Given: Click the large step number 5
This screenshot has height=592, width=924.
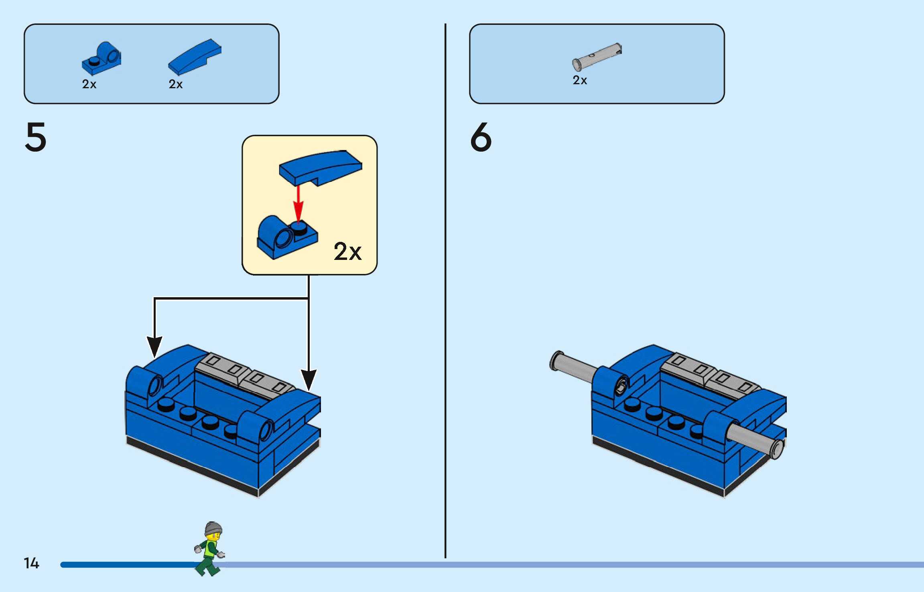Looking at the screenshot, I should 36,137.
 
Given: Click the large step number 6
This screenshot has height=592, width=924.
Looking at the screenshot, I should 481,137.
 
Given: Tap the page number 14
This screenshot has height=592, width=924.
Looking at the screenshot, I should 31,563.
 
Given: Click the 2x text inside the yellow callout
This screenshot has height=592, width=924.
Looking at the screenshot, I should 347,252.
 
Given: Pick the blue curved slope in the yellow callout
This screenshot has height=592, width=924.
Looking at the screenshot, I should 321,166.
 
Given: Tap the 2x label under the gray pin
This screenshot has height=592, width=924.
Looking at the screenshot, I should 580,80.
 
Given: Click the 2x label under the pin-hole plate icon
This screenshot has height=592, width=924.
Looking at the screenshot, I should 89,84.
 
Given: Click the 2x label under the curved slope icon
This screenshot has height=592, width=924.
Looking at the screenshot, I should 176,84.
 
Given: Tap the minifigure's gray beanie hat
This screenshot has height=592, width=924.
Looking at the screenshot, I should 213,528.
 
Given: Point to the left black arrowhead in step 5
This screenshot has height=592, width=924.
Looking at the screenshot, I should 154,346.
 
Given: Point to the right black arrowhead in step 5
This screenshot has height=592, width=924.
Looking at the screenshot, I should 309,379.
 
